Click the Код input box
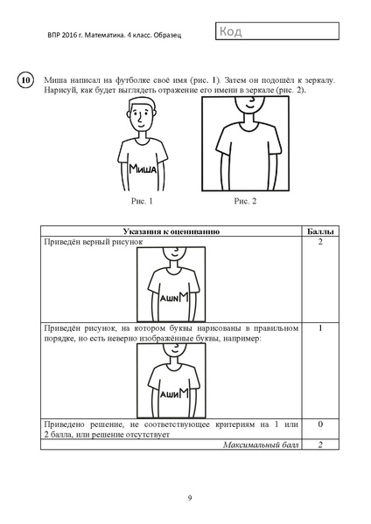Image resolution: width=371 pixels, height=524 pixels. point(276,31)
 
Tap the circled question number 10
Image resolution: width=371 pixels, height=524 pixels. point(25,80)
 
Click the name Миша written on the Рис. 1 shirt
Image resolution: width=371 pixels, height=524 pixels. point(143,169)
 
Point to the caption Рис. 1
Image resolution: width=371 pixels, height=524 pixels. point(142,201)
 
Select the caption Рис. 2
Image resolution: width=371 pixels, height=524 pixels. point(245,201)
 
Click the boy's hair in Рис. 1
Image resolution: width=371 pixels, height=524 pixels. point(141,101)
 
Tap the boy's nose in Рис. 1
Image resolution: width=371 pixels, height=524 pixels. point(139,118)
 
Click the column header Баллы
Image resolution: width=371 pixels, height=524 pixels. point(320,231)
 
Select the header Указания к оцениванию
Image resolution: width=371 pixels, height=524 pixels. point(171,231)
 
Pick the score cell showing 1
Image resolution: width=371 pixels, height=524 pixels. point(320,328)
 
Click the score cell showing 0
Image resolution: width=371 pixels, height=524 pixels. point(320,424)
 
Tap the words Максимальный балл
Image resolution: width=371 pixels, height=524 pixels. point(261,445)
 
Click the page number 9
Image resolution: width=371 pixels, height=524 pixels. point(190,499)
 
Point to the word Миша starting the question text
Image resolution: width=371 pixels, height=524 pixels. point(55,80)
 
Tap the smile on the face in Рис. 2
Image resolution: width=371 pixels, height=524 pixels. point(251,104)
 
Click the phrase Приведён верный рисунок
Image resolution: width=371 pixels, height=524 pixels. point(94,242)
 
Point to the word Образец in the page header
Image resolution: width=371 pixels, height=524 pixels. point(167,35)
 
